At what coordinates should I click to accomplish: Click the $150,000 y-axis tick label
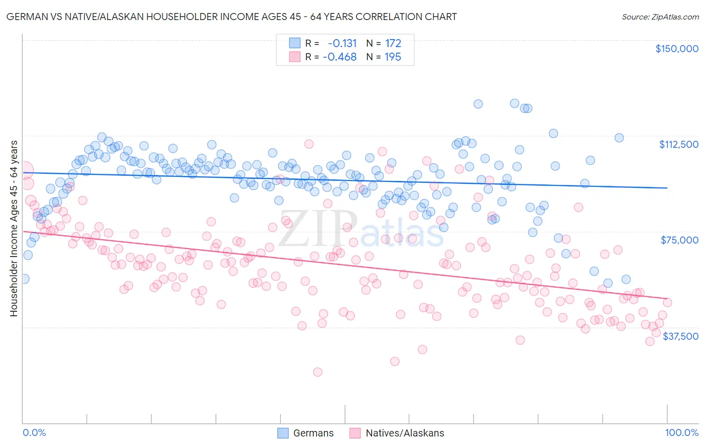[x=676, y=49]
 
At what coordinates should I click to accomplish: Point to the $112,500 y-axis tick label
[x=678, y=144]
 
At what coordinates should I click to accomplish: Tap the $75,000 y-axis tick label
[x=679, y=240]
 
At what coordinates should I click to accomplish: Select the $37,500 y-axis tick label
[x=680, y=336]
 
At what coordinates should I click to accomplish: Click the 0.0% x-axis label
[x=35, y=433]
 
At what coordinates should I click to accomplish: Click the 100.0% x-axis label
[x=681, y=433]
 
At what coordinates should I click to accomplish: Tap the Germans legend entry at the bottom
[x=305, y=433]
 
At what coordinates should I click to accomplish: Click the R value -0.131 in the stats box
[x=342, y=43]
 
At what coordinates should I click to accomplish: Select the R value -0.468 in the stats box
[x=339, y=57]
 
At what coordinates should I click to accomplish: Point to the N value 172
[x=393, y=43]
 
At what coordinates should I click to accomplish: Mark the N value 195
[x=393, y=57]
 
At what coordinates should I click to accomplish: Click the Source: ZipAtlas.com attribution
[x=660, y=17]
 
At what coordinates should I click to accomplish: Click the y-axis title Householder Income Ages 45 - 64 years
[x=14, y=229]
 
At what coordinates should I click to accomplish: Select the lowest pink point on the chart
[x=317, y=372]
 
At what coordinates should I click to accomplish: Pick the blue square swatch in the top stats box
[x=294, y=43]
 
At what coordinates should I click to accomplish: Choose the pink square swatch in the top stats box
[x=294, y=57]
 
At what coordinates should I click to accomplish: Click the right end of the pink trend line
[x=667, y=299]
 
